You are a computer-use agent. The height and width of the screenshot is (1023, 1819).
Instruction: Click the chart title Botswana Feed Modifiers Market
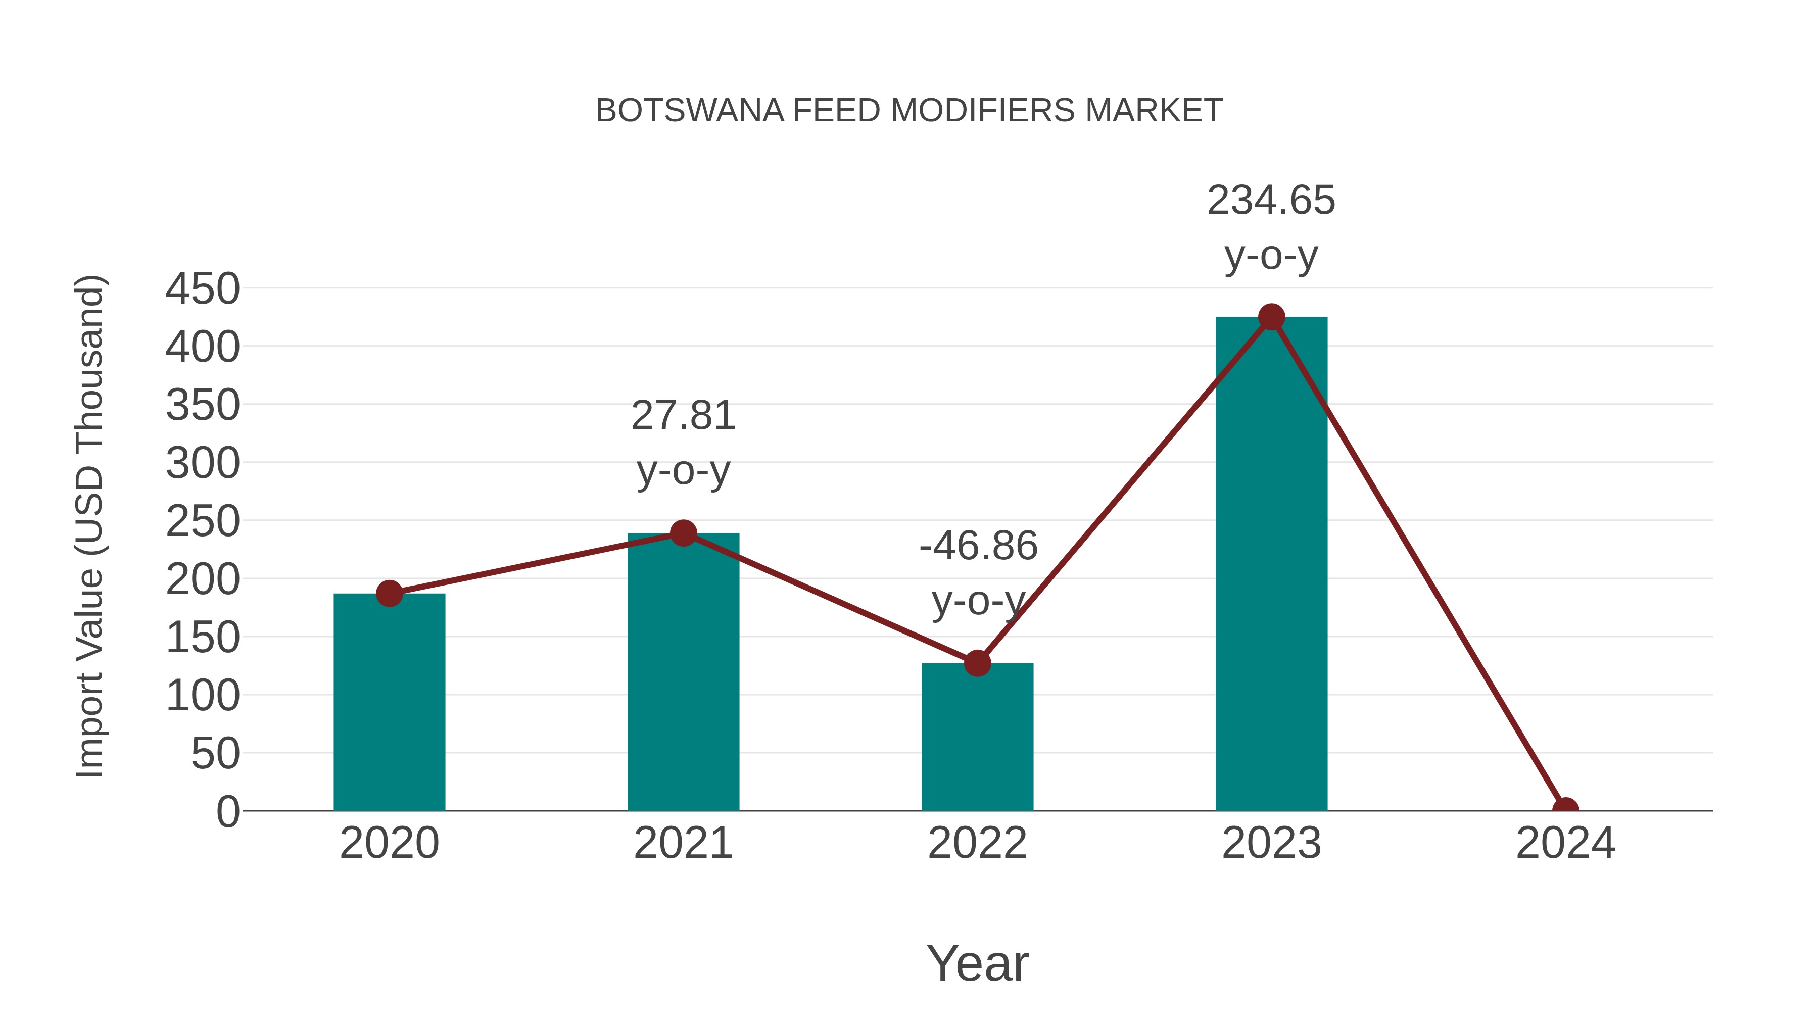pyautogui.click(x=909, y=111)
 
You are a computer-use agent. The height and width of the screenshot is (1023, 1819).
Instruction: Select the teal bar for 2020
pyautogui.click(x=389, y=703)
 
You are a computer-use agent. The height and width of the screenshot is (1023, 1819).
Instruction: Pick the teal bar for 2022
pyautogui.click(x=977, y=737)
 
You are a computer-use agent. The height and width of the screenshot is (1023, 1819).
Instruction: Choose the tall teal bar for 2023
pyautogui.click(x=1271, y=565)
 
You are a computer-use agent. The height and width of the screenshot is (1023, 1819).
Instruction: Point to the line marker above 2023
pyautogui.click(x=1271, y=317)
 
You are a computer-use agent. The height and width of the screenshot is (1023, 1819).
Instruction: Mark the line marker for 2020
pyautogui.click(x=389, y=593)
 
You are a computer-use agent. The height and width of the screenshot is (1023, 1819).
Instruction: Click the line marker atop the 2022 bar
pyautogui.click(x=977, y=663)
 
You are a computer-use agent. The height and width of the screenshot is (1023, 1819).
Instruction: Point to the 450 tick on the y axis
pyautogui.click(x=203, y=289)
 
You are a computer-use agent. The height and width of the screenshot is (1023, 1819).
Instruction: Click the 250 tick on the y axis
pyautogui.click(x=203, y=522)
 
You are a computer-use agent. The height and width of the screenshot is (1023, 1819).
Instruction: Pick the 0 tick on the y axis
pyautogui.click(x=227, y=811)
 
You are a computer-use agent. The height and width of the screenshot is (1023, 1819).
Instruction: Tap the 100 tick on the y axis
pyautogui.click(x=203, y=696)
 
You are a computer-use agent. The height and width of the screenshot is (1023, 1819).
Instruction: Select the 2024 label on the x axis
pyautogui.click(x=1565, y=843)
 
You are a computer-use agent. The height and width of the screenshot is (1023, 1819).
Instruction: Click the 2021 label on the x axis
pyautogui.click(x=683, y=843)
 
